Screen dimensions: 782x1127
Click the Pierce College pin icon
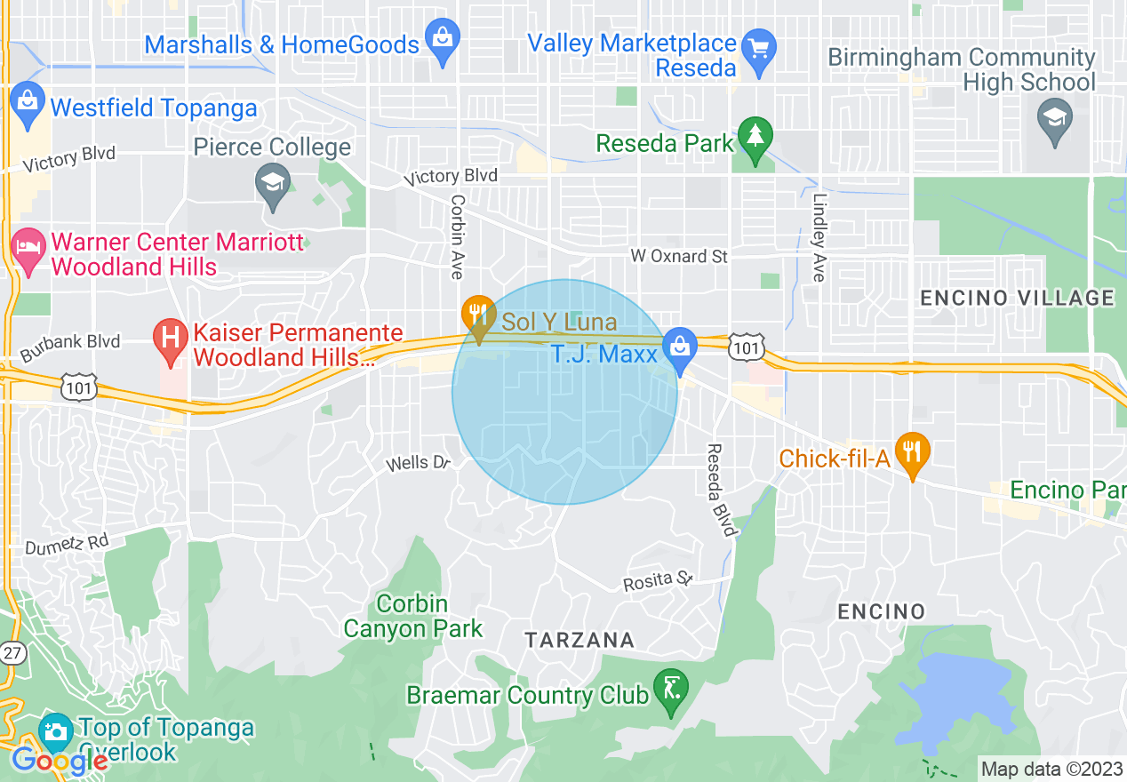[272, 184]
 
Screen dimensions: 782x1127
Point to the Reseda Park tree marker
[755, 137]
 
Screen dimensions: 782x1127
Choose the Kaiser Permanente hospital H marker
[169, 339]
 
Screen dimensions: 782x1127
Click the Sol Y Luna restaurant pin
[478, 315]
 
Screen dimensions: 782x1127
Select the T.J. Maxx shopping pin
[680, 347]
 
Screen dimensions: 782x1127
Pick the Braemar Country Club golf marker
[669, 690]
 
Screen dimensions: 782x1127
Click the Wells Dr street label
[419, 464]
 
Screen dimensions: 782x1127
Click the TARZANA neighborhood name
[579, 640]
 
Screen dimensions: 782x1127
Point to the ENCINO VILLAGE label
[1017, 298]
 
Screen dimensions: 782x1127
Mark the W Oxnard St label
[679, 257]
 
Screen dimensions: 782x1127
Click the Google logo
[60, 761]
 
